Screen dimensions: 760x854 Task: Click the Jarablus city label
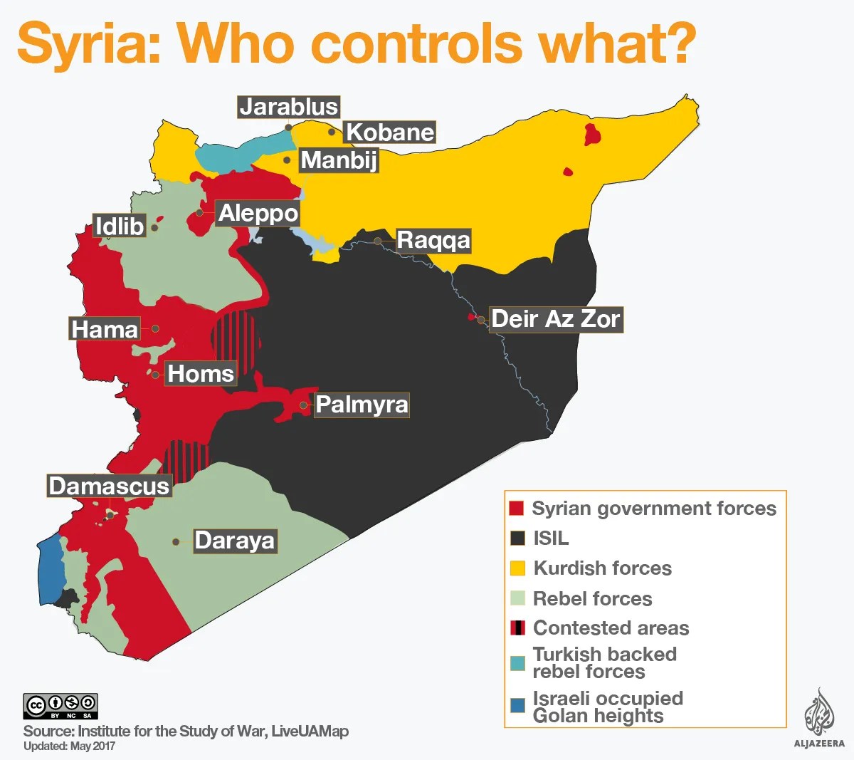[288, 107]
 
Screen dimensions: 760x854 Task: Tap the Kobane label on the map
[389, 132]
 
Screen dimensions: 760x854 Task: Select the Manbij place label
[339, 160]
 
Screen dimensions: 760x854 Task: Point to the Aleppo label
[258, 213]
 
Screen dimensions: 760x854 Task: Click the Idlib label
[120, 227]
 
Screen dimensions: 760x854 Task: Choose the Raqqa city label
[433, 240]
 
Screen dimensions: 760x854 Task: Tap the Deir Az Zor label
[556, 319]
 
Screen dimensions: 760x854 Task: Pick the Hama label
[105, 329]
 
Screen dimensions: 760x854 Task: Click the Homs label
[200, 373]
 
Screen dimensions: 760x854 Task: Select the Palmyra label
[362, 405]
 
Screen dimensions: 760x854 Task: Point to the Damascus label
[109, 486]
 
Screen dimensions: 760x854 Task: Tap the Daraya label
[234, 541]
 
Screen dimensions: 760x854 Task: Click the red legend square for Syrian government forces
[517, 509]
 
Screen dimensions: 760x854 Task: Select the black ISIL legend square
[517, 538]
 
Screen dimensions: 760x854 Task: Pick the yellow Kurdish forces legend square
[517, 568]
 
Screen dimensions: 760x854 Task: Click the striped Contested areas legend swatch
[517, 628]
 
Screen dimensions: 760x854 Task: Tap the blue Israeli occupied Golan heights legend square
[517, 706]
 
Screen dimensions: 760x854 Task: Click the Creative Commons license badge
[60, 706]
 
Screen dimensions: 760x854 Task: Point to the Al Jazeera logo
[819, 719]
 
